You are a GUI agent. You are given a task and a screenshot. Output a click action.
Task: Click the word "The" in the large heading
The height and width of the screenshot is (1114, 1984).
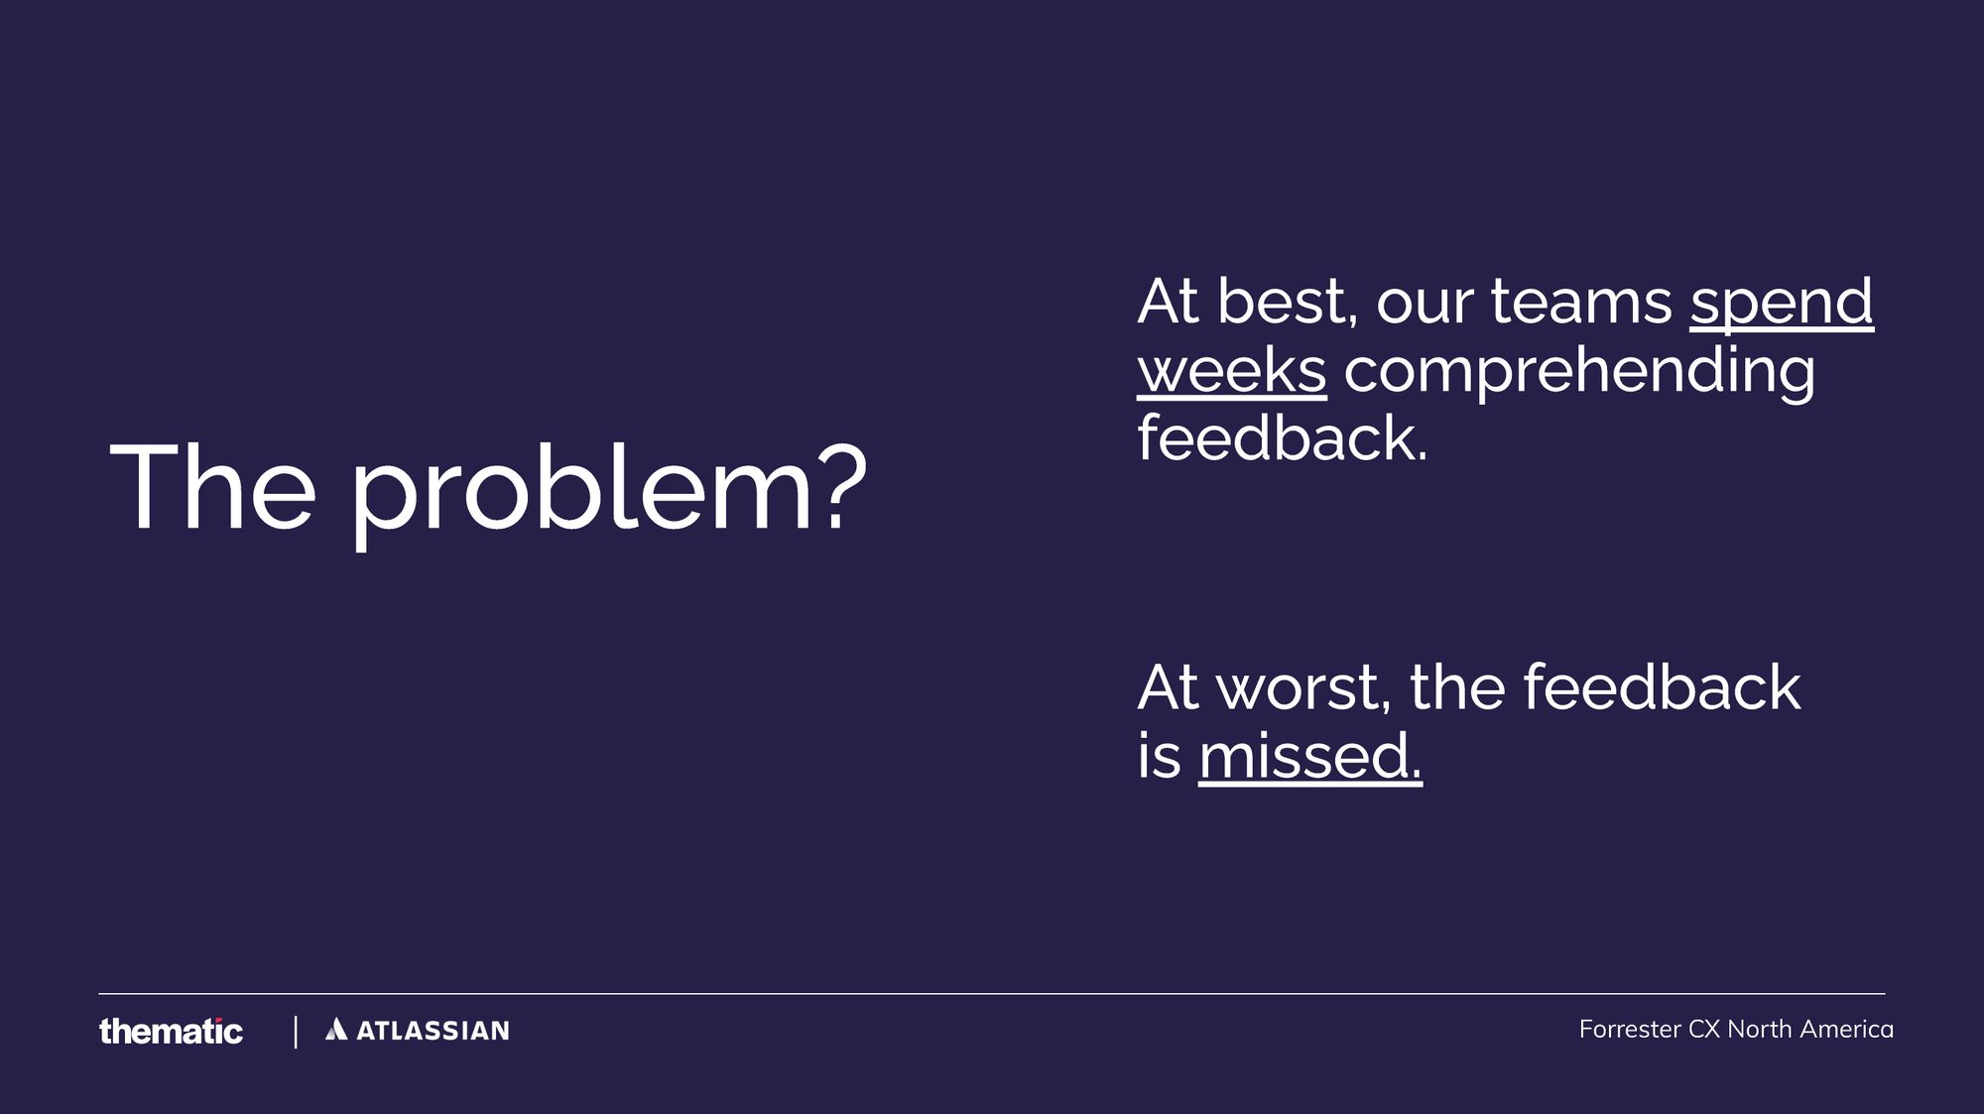(212, 488)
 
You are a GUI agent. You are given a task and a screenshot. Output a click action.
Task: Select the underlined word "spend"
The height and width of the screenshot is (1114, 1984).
(1782, 303)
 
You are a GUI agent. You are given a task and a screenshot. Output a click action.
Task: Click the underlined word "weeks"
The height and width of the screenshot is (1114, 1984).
(1231, 371)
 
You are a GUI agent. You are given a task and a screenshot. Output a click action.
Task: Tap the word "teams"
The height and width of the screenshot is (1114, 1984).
(1581, 302)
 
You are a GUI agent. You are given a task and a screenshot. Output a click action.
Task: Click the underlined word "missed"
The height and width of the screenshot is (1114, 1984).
(1309, 757)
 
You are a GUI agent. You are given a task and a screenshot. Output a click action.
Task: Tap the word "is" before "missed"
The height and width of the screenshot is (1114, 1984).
(1159, 757)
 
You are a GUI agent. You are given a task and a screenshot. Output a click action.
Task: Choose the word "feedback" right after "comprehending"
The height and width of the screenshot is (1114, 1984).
(1282, 438)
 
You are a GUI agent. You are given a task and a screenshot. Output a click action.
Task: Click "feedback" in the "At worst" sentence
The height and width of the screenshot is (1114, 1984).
(1662, 687)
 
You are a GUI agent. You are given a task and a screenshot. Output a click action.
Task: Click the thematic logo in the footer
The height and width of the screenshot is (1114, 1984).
(171, 1032)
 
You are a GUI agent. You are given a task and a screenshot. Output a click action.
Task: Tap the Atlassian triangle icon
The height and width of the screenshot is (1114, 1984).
(336, 1030)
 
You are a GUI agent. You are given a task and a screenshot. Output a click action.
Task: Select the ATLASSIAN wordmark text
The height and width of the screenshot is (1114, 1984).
(433, 1031)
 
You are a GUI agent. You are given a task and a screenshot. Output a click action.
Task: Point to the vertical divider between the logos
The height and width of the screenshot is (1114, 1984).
(296, 1032)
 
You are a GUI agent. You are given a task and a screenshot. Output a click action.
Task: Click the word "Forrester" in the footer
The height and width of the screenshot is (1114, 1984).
(1629, 1030)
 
